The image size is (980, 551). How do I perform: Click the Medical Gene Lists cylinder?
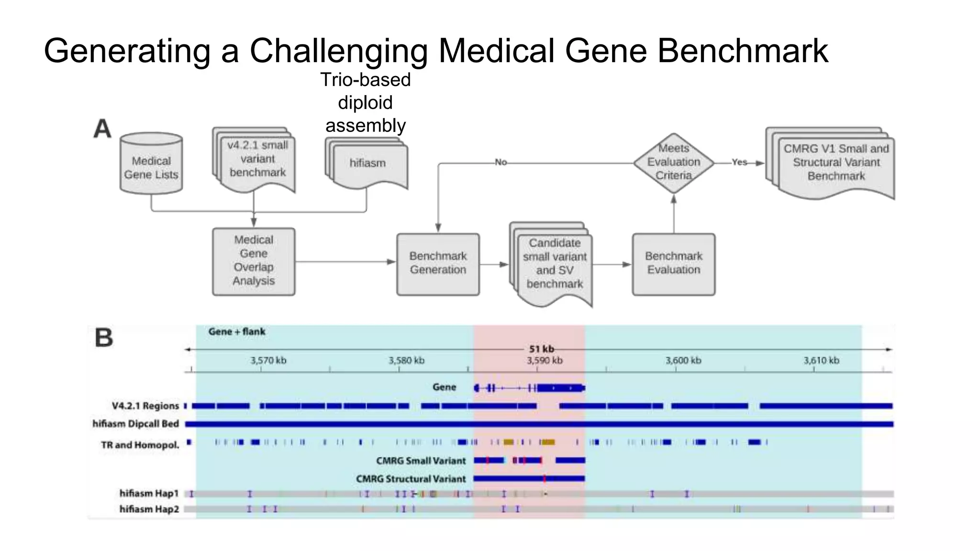tap(151, 165)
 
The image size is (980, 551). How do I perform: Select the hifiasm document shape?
tap(367, 164)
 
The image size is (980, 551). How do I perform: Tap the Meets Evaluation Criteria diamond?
tap(674, 163)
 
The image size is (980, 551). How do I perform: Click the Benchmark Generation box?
tap(438, 264)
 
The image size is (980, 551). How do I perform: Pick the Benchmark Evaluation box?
tap(674, 264)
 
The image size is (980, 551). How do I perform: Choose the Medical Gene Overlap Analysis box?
tap(254, 261)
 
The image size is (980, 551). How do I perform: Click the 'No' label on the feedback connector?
tap(501, 163)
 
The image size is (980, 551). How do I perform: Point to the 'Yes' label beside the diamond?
tap(739, 163)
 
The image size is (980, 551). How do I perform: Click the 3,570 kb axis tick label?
tap(268, 361)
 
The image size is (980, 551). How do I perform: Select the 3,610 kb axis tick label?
tap(821, 361)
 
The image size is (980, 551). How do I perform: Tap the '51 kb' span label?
tap(541, 349)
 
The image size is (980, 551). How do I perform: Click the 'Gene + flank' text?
tap(237, 332)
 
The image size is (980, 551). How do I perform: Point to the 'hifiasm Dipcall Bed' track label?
tap(136, 424)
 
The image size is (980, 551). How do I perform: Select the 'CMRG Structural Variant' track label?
tap(411, 479)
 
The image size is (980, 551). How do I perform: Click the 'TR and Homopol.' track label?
tap(140, 445)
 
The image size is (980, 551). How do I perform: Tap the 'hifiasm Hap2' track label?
tap(149, 509)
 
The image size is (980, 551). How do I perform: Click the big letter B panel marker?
tap(104, 338)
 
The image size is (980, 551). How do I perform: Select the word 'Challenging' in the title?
tap(339, 51)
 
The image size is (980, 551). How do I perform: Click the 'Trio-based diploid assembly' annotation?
tap(366, 102)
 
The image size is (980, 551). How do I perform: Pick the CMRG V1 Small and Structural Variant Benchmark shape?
tap(836, 163)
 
